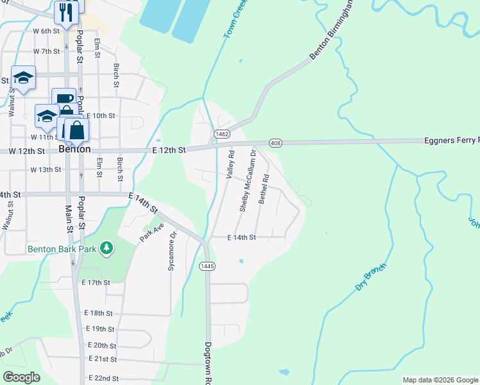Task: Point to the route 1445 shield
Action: point(207,266)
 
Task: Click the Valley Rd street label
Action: point(231,164)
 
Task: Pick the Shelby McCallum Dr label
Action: point(248,181)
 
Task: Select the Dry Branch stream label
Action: point(372,277)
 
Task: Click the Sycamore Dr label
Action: point(171,246)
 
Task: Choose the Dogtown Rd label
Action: point(208,363)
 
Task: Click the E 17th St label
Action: point(96,282)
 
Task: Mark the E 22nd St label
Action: point(103,379)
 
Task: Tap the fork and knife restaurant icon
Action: point(67,12)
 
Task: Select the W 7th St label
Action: point(46,51)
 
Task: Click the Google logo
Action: point(22,377)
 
